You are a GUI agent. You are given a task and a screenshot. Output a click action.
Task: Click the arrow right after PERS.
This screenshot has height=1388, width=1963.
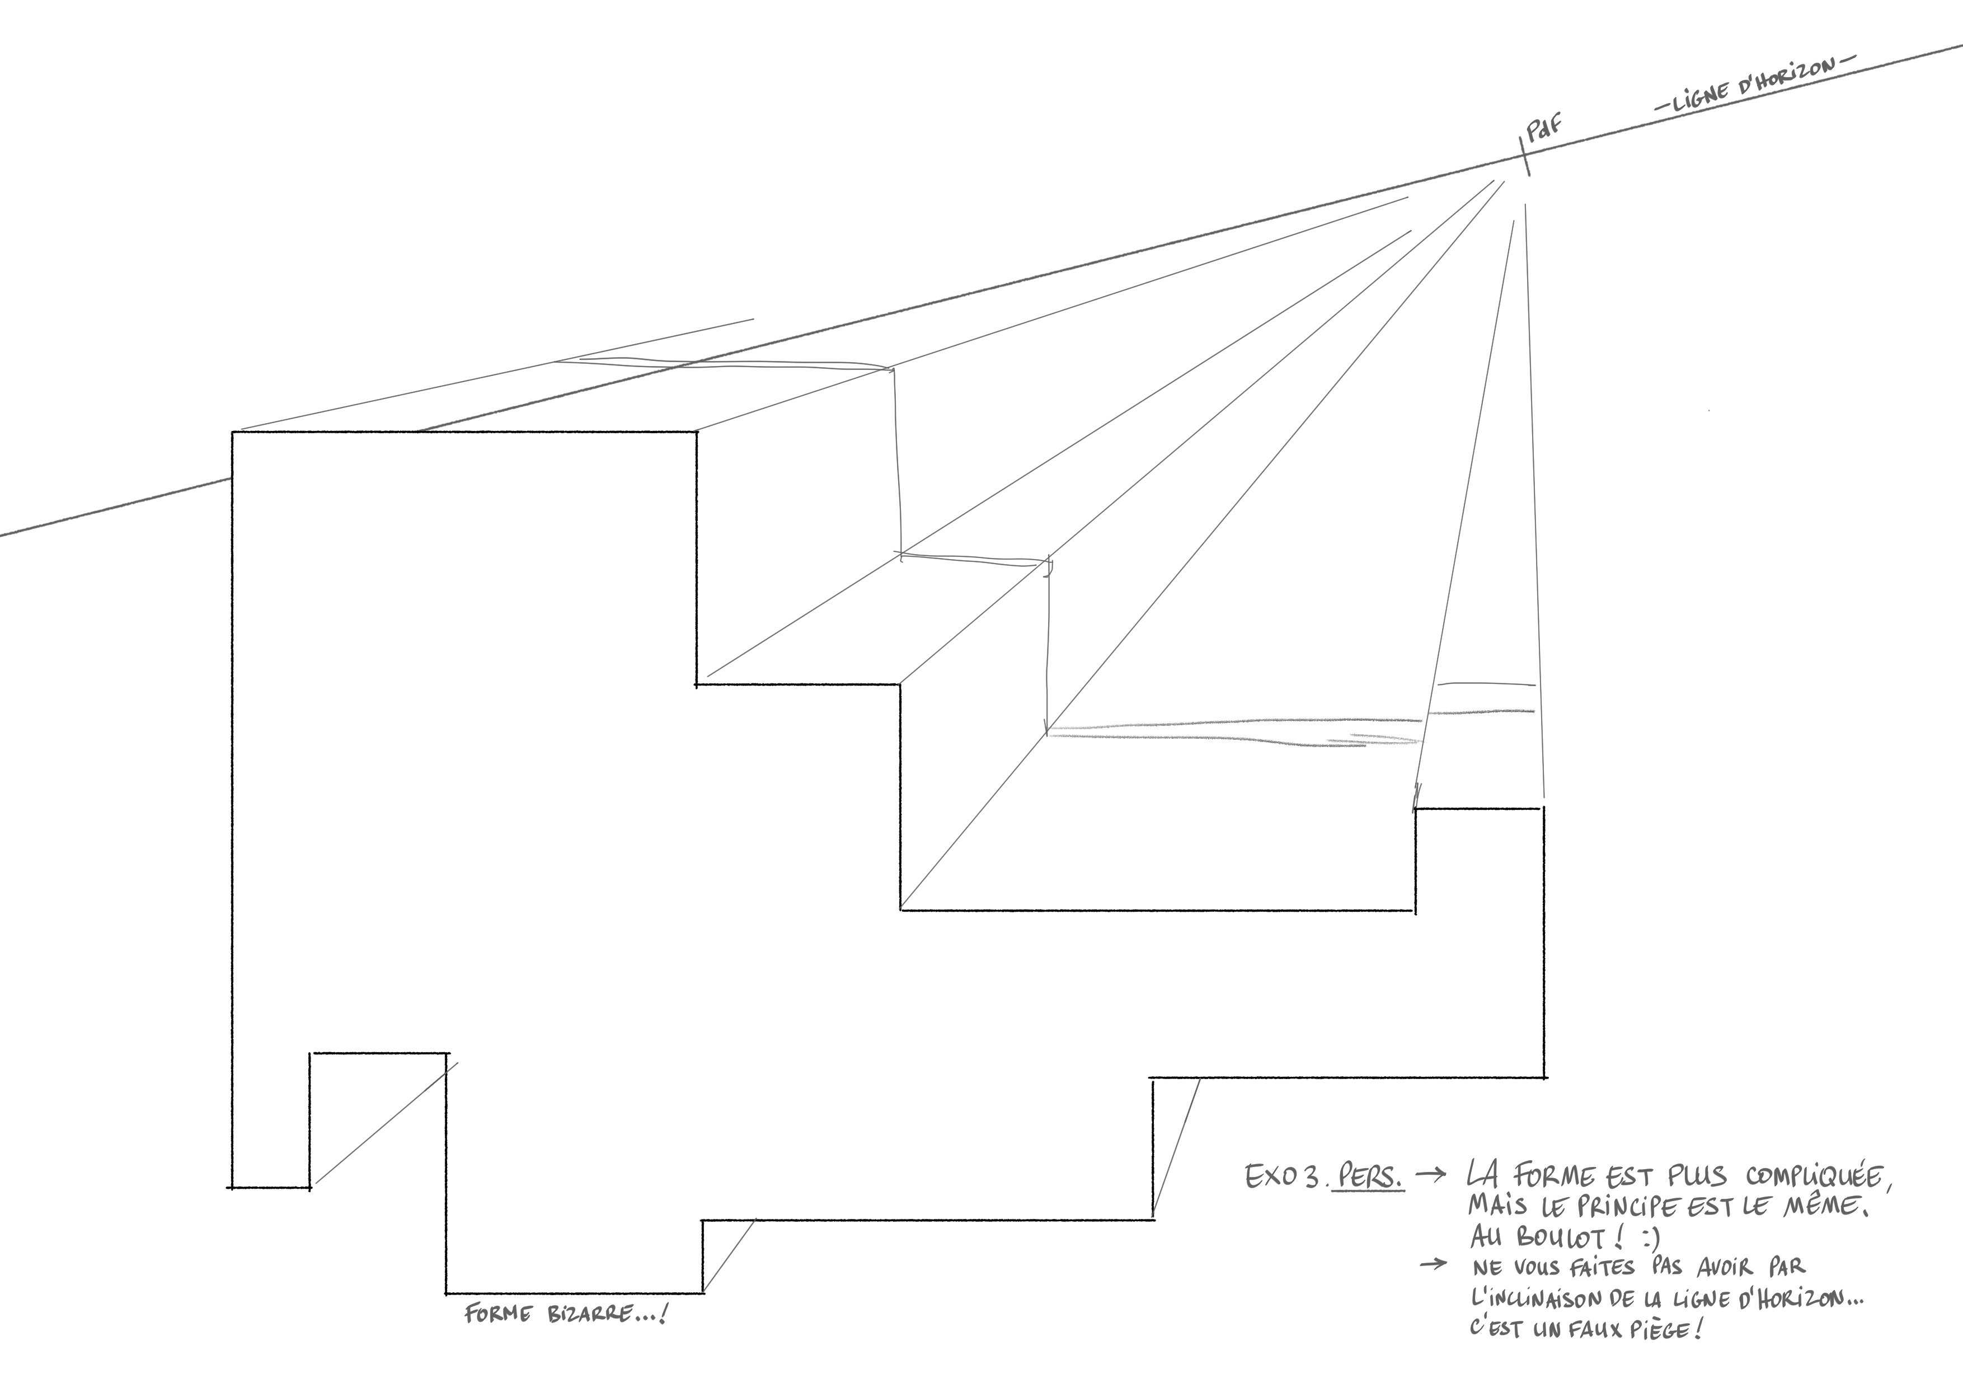[1430, 1175]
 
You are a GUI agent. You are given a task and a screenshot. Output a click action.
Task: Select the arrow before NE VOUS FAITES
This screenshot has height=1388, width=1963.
[1433, 1264]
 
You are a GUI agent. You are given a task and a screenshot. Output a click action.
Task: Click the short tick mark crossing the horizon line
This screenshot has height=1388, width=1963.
[1524, 156]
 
